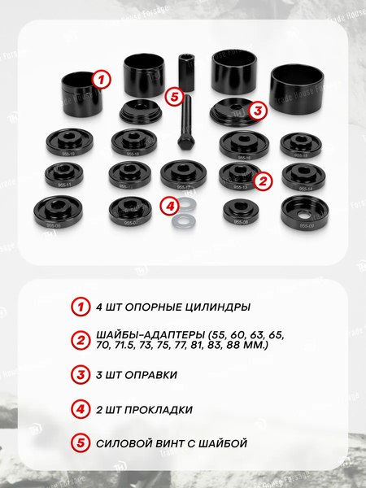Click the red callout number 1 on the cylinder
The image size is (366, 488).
pos(100,80)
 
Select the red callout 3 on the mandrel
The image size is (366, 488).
pos(256,109)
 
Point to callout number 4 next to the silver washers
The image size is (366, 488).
pos(169,206)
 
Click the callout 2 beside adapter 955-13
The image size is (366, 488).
pos(262,181)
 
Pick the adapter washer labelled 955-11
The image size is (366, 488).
pos(66,173)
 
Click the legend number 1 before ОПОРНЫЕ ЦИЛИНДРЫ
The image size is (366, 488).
pos(79,307)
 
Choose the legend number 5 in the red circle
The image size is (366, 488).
pos(79,443)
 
